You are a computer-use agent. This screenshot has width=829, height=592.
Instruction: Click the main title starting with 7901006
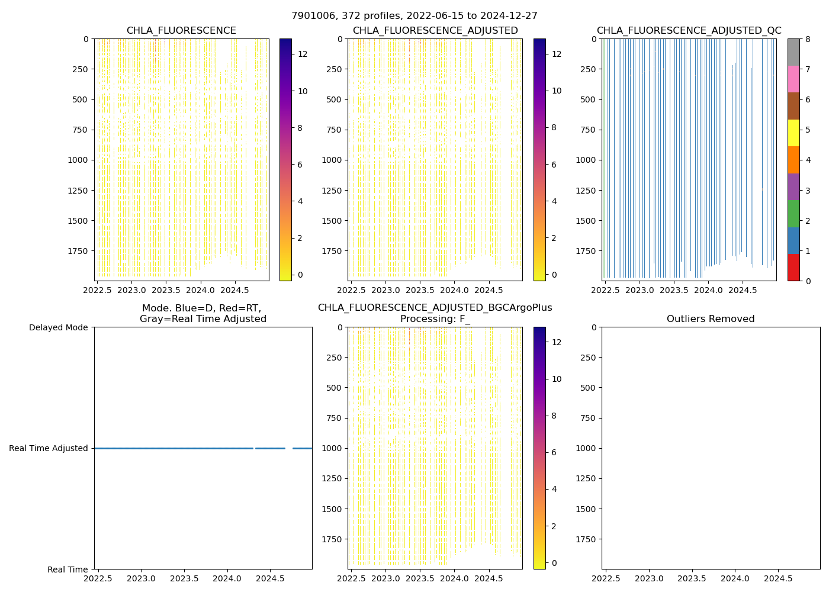pos(415,16)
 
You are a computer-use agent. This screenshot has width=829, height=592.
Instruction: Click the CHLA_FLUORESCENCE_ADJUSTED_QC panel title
pos(689,31)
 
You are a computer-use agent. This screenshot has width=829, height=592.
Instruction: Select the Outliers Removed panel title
pos(711,319)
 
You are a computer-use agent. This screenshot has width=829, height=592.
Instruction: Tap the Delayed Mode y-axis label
pos(58,327)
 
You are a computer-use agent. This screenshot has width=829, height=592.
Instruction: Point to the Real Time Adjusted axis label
pos(49,448)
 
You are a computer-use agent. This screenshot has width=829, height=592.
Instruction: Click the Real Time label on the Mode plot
pos(68,570)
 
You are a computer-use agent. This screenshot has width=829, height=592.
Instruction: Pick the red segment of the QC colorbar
pos(793,268)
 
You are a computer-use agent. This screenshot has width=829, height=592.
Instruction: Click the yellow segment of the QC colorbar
pos(793,133)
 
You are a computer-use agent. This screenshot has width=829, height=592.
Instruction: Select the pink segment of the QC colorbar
pos(793,79)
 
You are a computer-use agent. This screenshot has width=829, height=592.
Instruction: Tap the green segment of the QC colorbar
pos(793,214)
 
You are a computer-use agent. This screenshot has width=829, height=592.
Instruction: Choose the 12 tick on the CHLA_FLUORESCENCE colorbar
pos(303,54)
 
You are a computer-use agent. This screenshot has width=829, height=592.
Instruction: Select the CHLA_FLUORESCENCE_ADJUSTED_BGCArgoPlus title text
pos(435,308)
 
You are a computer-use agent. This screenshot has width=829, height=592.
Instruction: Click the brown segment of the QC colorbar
pos(793,106)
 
